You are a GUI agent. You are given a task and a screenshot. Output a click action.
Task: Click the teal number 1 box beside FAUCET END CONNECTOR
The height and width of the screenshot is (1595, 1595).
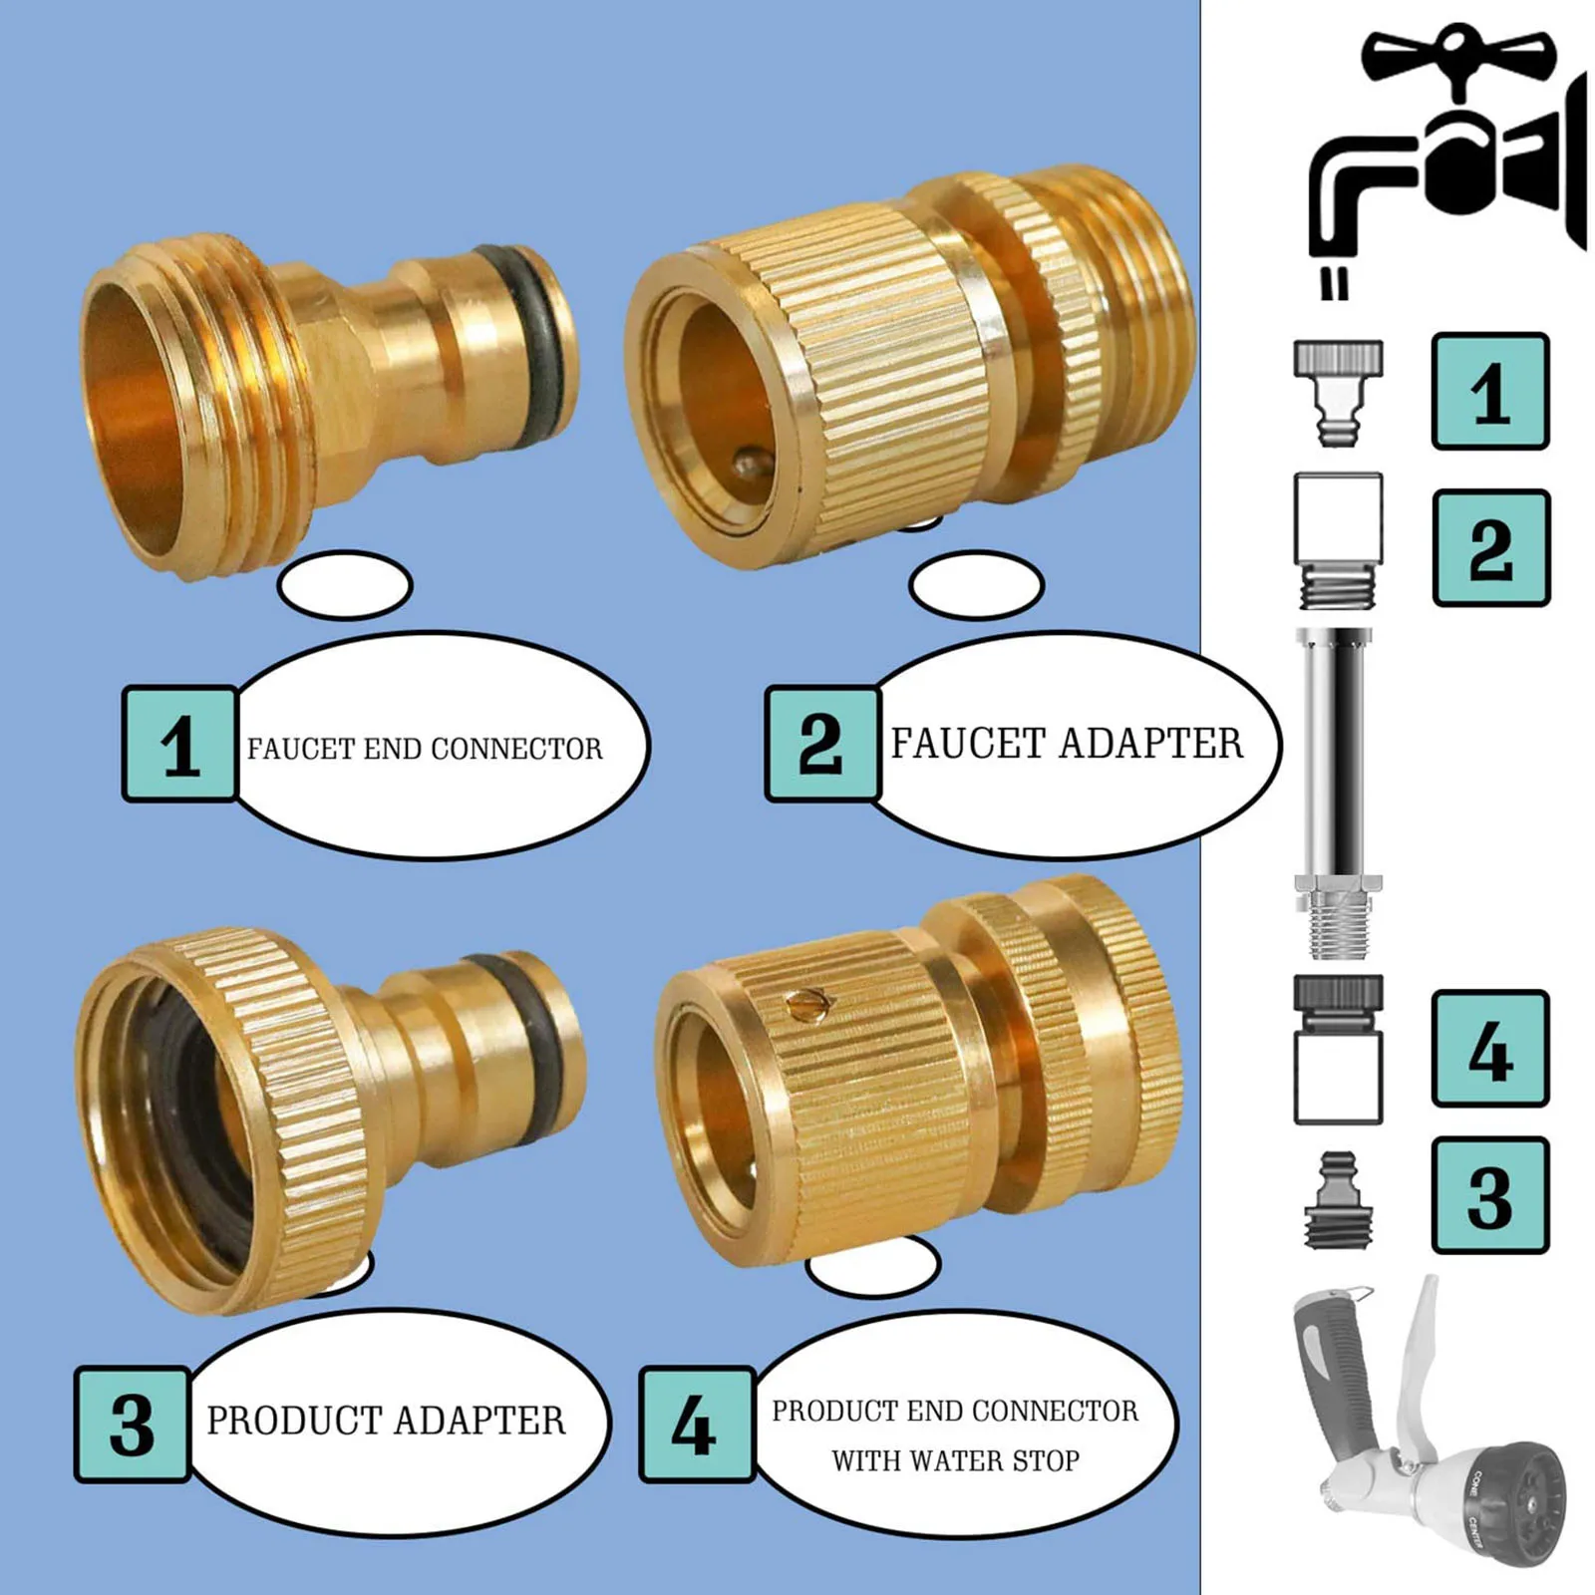coord(179,744)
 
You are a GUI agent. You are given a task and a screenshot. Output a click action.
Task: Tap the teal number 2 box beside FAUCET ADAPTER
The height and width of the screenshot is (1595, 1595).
coord(822,744)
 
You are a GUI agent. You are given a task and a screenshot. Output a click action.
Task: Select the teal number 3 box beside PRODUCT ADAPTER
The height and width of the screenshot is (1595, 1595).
coord(132,1424)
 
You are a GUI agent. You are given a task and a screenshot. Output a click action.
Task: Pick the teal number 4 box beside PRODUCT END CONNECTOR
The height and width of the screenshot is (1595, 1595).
coord(696,1424)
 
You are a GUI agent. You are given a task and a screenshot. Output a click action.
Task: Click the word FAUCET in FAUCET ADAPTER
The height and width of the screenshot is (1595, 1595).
coord(969,744)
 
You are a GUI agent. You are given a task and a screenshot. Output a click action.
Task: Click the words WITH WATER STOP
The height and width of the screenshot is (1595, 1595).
coord(955,1461)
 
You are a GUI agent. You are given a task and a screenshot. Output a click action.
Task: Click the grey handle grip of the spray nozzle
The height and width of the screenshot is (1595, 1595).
coord(1336,1366)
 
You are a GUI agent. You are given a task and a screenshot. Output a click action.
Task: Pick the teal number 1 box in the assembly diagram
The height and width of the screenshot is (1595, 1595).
coord(1489,392)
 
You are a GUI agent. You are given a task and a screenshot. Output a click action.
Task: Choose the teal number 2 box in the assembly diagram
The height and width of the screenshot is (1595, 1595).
coord(1490,548)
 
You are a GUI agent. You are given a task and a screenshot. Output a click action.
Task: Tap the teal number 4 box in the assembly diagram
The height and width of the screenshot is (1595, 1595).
coord(1489,1049)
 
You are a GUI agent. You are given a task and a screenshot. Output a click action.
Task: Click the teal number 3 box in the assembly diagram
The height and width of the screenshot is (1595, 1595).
coord(1489,1195)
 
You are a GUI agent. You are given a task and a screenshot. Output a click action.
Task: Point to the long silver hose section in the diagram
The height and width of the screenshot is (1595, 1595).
coord(1337,758)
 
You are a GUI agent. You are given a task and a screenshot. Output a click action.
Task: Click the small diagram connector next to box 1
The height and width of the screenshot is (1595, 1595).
coord(1338,391)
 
